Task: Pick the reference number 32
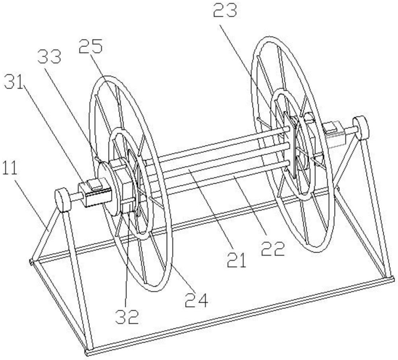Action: pos(127,316)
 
